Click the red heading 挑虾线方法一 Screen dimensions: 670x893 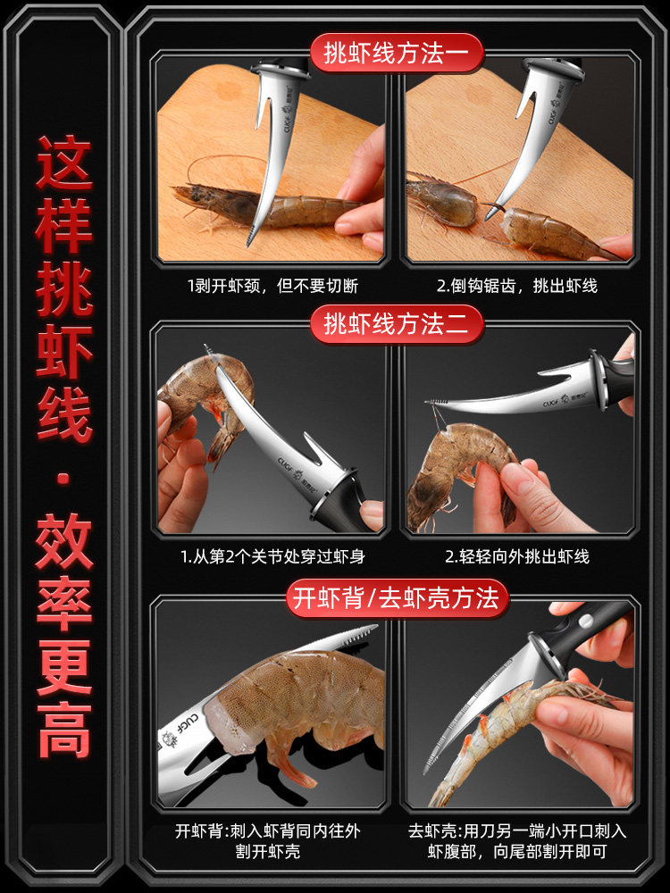click(x=397, y=53)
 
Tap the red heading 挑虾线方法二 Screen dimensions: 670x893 click(x=397, y=324)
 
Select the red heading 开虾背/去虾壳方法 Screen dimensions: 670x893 click(x=397, y=598)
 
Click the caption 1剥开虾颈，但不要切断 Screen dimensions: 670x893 click(x=272, y=286)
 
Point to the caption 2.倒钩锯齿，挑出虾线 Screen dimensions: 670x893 click(x=516, y=286)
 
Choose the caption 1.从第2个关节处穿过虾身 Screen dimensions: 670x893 click(x=272, y=556)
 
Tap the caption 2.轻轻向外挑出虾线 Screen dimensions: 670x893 click(x=516, y=556)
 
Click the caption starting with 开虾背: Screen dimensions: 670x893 click(x=268, y=841)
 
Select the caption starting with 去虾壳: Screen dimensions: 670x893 click(x=517, y=841)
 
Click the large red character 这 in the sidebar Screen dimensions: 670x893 click(x=63, y=163)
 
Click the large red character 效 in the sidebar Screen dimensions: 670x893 click(x=63, y=541)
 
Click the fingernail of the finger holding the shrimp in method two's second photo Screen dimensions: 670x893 click(x=516, y=472)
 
